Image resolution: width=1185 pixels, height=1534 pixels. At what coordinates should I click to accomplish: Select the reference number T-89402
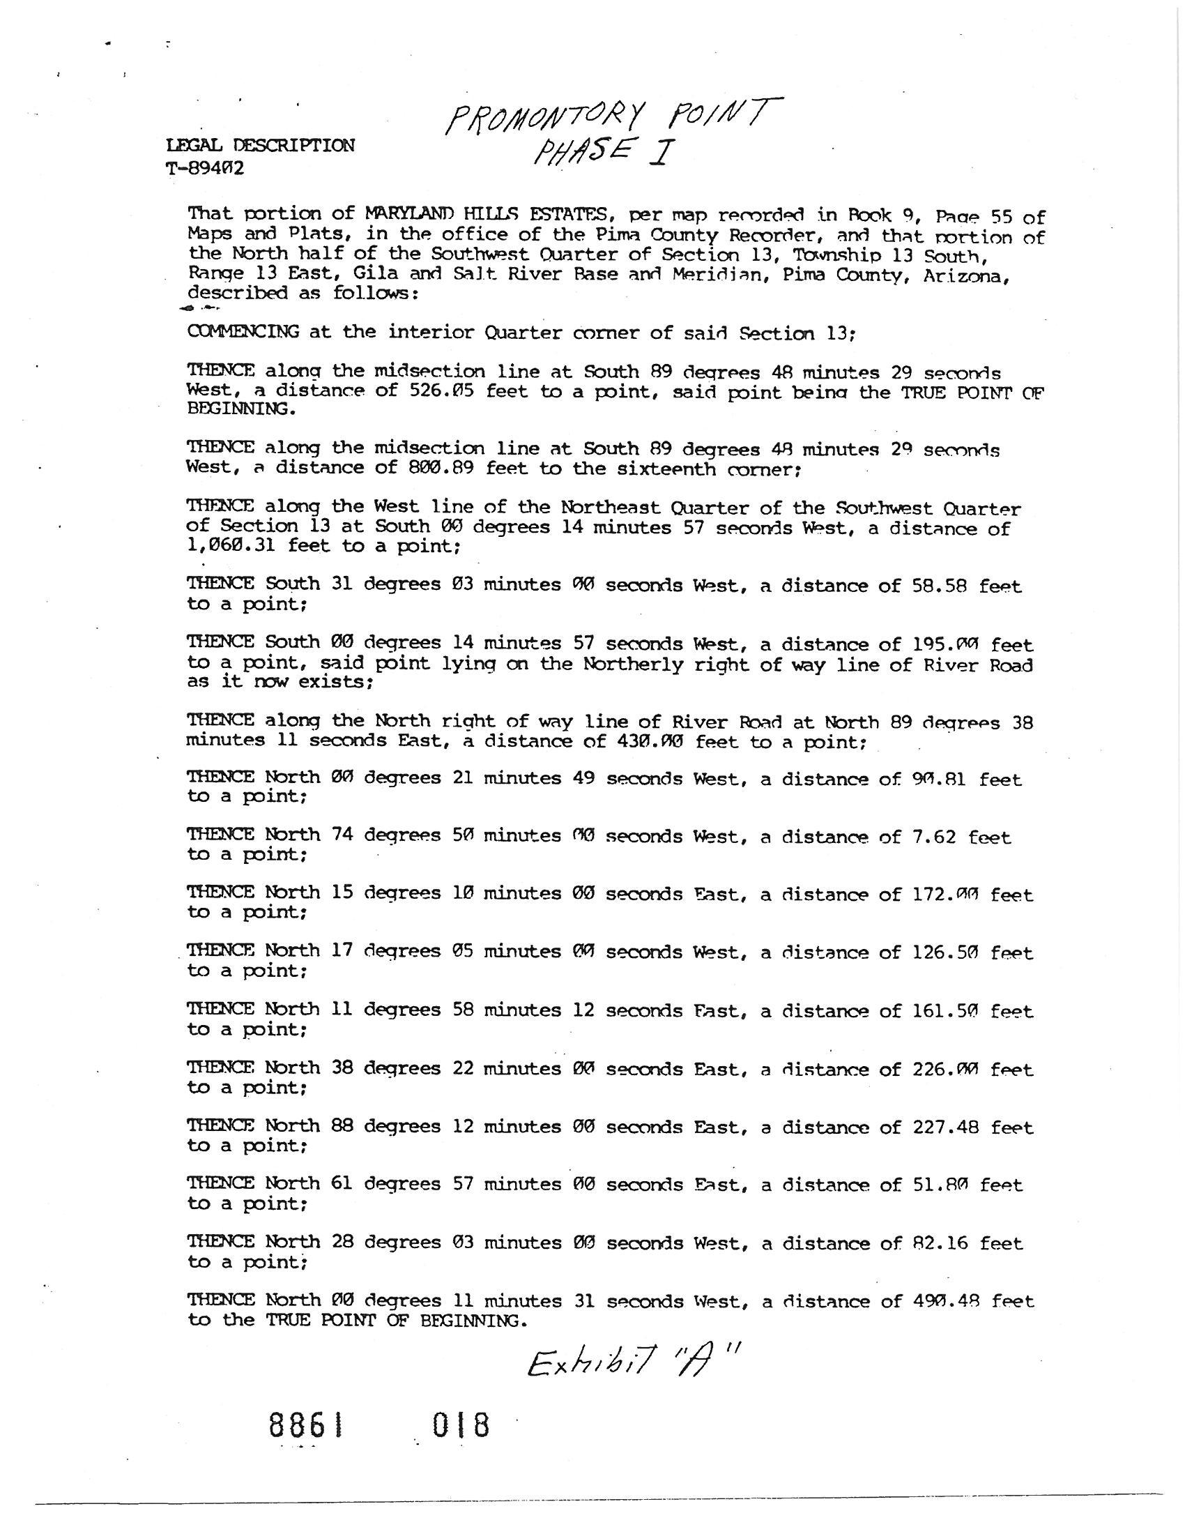pyautogui.click(x=205, y=169)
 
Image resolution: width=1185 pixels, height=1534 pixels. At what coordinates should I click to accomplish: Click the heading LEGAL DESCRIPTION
pyautogui.click(x=261, y=146)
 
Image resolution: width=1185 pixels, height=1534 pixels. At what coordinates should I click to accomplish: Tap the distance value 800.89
pyautogui.click(x=441, y=469)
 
